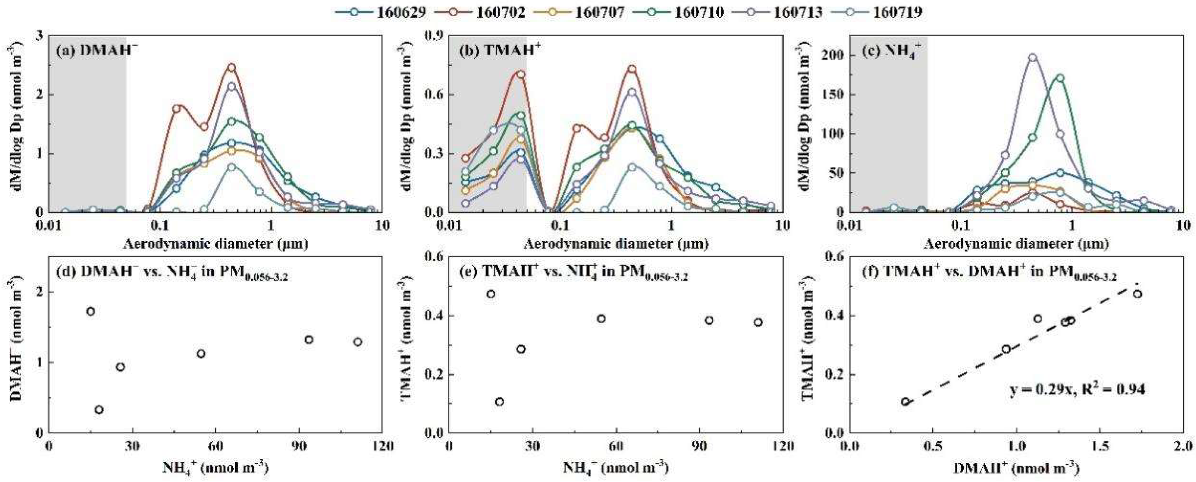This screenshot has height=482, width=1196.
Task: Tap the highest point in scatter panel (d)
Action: (x=91, y=311)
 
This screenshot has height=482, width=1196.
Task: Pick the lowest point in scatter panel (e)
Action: (x=500, y=402)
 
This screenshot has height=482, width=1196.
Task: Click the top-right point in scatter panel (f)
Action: (x=1137, y=294)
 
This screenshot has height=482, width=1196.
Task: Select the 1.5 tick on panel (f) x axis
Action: (x=1100, y=447)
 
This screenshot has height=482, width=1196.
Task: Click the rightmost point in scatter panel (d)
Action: (x=358, y=342)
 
